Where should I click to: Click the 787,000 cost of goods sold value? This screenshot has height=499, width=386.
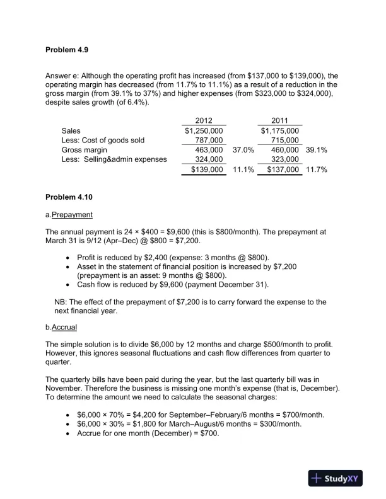coord(209,141)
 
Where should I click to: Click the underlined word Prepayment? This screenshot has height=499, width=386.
coord(72,215)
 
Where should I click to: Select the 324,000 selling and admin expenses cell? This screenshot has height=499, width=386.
coord(209,160)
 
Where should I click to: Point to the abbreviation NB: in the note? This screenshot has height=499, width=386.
coord(62,302)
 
